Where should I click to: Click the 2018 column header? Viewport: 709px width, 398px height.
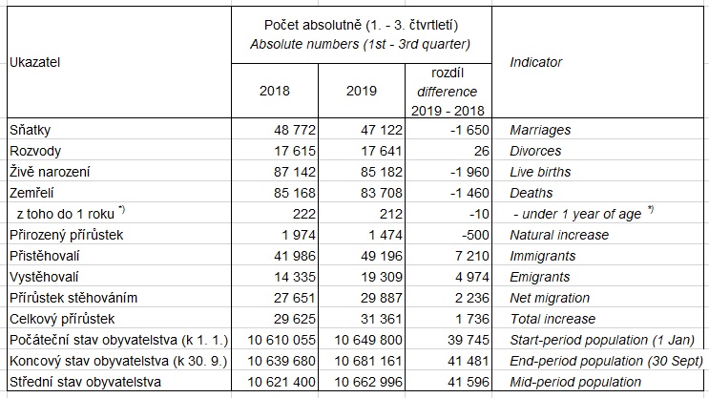tap(275, 91)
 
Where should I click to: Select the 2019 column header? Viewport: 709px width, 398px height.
tap(362, 91)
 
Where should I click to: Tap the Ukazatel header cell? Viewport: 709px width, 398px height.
tap(34, 62)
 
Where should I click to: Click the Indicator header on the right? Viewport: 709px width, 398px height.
tap(536, 62)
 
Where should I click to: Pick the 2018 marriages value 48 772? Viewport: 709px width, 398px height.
tap(295, 130)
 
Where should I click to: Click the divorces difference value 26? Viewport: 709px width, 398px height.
tap(482, 151)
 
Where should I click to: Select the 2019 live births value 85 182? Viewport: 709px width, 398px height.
tap(382, 172)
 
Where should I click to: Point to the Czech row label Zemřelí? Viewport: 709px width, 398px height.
tap(31, 193)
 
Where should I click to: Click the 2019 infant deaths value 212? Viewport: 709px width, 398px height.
tap(391, 214)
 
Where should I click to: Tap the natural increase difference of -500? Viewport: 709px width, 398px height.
tap(475, 235)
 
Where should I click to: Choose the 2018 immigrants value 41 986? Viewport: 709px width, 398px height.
tap(295, 256)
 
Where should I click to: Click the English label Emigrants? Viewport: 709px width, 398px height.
tap(540, 277)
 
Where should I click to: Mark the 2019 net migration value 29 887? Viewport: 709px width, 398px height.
tap(382, 298)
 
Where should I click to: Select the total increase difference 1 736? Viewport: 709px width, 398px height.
tap(472, 319)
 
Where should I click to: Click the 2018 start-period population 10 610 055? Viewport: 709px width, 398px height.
tap(282, 340)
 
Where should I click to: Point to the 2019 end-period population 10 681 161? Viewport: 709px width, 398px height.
tap(368, 361)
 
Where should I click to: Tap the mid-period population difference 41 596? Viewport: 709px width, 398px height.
tap(469, 382)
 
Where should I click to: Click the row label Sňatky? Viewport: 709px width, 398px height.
tap(30, 130)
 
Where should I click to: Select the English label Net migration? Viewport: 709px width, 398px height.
tap(550, 298)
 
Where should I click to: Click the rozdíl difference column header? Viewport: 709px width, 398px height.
tap(448, 92)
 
